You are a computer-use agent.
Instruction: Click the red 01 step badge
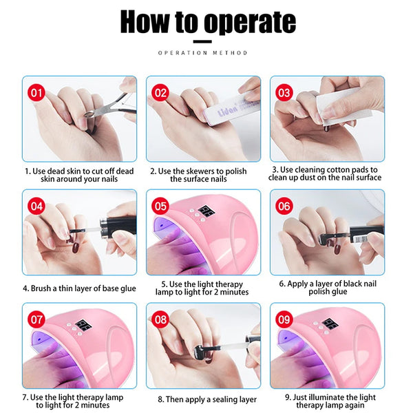click(36, 93)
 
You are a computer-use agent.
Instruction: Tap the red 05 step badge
click(160, 206)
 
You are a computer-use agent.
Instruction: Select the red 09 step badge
click(284, 319)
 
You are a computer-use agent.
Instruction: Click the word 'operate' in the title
click(250, 23)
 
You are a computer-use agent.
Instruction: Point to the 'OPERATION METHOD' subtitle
click(202, 53)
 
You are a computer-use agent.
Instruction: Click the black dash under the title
click(202, 41)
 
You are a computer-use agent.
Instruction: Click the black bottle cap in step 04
click(118, 226)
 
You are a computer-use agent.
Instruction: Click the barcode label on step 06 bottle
click(361, 239)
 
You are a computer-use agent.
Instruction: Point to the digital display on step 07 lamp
click(83, 326)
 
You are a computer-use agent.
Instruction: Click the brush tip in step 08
click(200, 353)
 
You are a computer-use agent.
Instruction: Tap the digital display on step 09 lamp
click(330, 324)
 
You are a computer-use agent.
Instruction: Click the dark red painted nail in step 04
click(76, 248)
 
